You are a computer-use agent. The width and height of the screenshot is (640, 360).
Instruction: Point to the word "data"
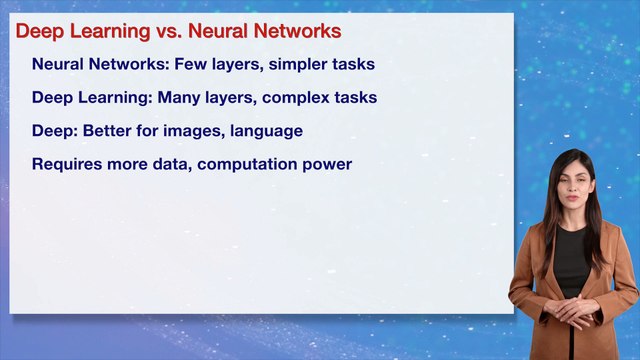tap(170, 163)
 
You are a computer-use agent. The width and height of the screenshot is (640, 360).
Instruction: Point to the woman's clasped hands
tap(573, 311)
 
